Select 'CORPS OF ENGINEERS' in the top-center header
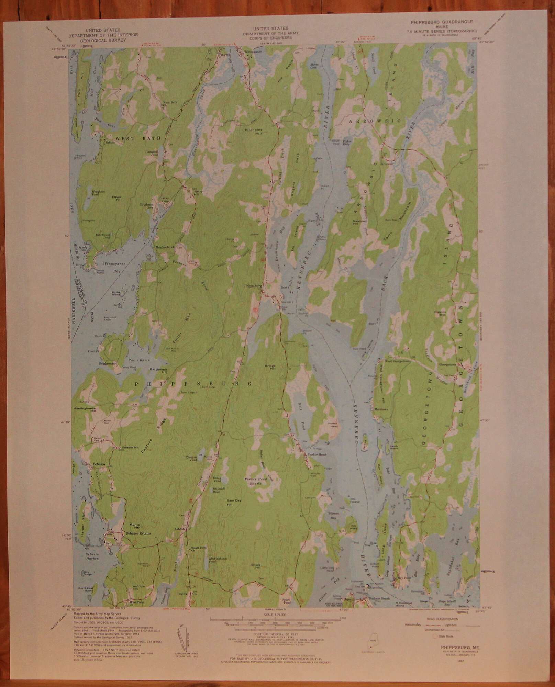pos(271,37)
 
